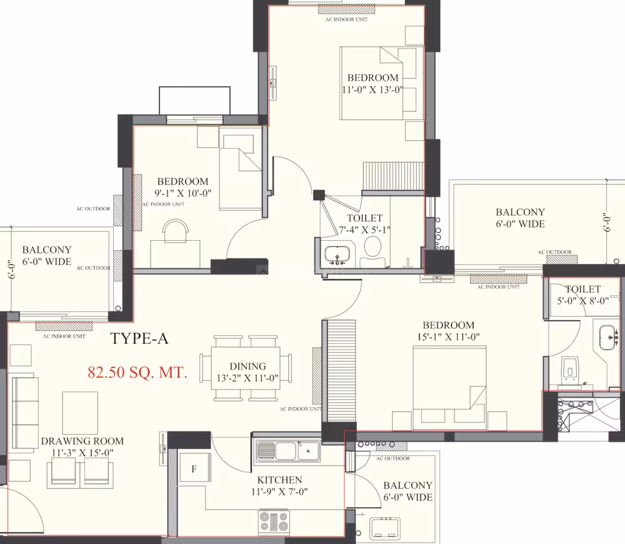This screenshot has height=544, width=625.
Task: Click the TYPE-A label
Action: pos(139,339)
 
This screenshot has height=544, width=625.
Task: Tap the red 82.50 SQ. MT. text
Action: pos(137,373)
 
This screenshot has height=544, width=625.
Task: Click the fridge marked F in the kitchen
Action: pos(194,468)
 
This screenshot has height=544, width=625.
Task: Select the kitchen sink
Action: pos(287,451)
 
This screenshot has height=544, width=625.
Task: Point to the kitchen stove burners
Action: pos(274,522)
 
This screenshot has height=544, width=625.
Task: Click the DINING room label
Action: pos(247,366)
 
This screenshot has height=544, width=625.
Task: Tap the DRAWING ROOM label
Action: pos(82,441)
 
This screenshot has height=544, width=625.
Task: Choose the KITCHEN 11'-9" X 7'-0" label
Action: pos(279,486)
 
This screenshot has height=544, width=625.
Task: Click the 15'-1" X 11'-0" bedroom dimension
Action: pos(448,337)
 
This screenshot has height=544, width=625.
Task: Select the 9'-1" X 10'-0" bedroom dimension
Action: pos(183,193)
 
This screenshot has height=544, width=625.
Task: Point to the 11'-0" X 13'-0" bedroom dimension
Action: pos(372,90)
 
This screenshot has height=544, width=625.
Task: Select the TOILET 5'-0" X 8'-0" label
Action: pos(583,295)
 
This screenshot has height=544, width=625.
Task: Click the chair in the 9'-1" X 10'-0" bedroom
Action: pos(175,230)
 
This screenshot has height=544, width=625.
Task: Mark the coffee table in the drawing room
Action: pos(80,413)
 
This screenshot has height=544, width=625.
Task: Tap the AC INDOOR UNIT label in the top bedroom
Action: pos(346,19)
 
